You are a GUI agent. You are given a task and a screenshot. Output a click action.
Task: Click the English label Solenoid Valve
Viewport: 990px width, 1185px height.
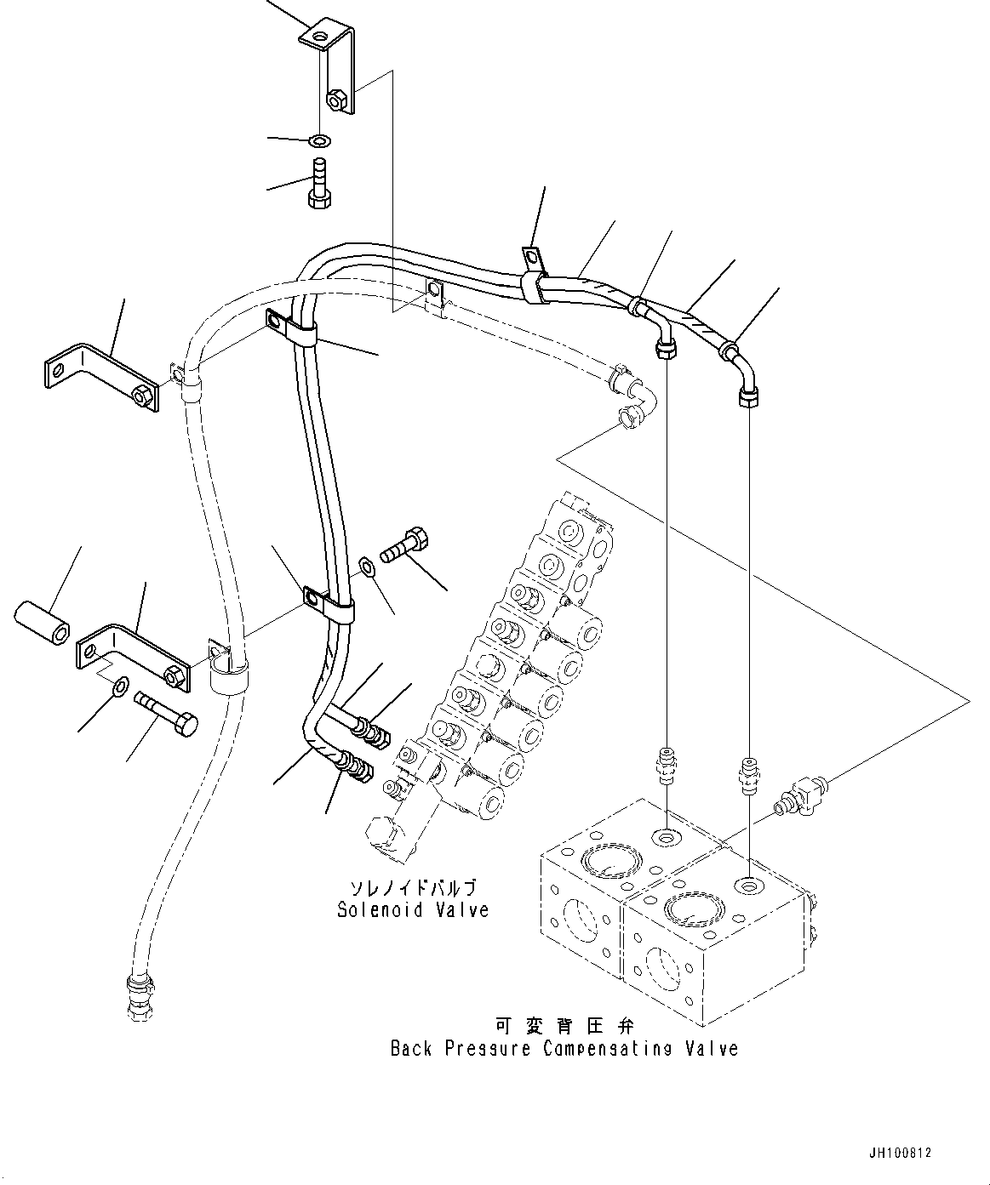pos(413,909)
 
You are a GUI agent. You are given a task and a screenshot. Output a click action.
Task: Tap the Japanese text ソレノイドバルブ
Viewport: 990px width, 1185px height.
pos(413,887)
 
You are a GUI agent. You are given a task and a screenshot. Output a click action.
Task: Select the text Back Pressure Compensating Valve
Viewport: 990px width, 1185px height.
pos(564,1048)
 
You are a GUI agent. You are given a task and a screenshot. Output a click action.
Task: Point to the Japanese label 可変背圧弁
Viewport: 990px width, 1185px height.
pos(564,1025)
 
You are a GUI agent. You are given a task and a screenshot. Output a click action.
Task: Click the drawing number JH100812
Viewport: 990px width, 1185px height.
pos(901,1154)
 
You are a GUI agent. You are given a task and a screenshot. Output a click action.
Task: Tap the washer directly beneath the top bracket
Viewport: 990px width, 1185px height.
pos(322,140)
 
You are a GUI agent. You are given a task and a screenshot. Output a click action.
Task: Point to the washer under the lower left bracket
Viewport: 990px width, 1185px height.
pos(120,685)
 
